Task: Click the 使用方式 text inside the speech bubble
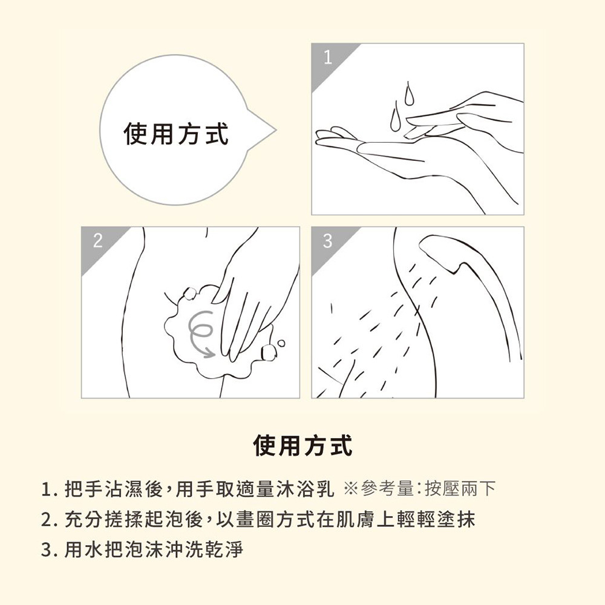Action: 176,134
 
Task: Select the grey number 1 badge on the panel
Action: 327,58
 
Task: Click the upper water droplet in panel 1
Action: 410,94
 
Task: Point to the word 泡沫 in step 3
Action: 132,551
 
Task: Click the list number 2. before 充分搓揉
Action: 49,520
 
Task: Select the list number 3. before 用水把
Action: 49,551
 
